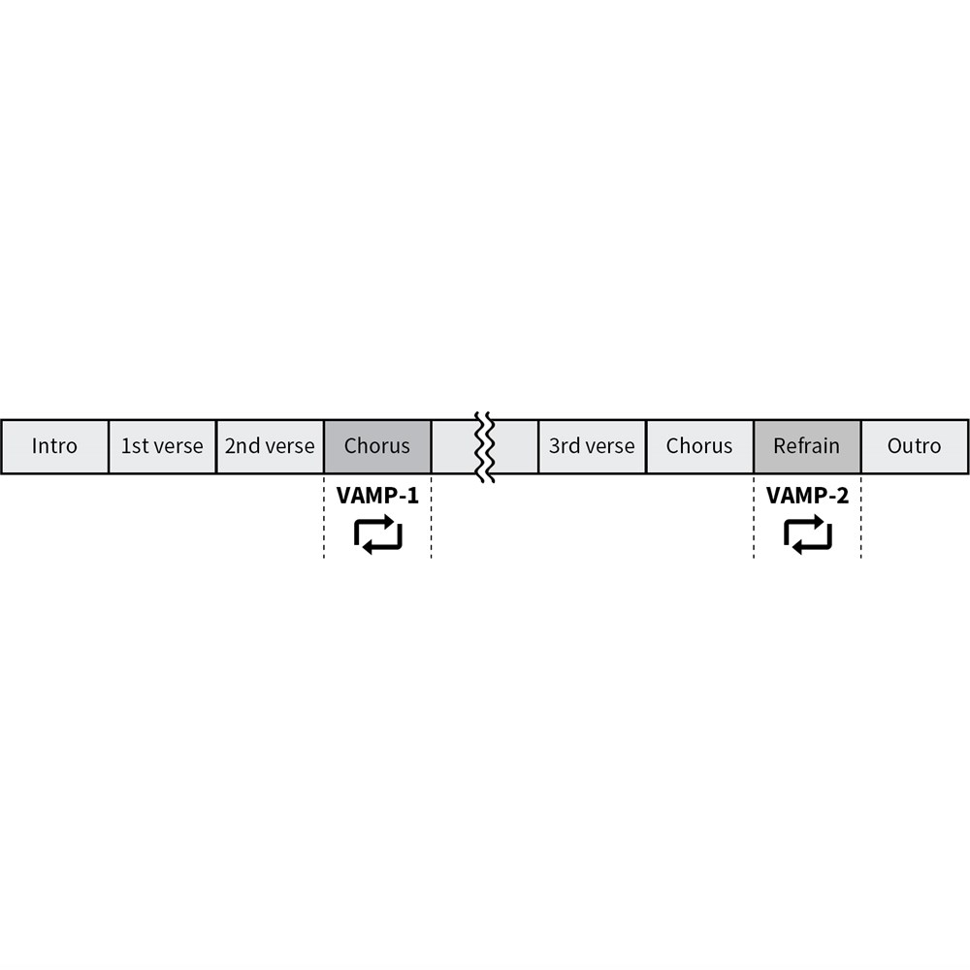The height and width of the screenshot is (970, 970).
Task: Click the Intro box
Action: click(54, 446)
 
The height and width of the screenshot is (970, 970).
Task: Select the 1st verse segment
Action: click(162, 446)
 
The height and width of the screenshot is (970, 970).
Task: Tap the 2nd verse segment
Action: click(270, 446)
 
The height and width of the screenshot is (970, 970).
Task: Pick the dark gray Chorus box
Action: click(377, 446)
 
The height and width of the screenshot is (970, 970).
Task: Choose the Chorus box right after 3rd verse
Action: click(699, 446)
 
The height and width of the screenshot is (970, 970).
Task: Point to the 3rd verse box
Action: click(592, 446)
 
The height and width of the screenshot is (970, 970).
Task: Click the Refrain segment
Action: click(807, 446)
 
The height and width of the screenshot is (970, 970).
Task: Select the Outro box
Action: click(915, 446)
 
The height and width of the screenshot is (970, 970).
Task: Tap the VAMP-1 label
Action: click(377, 496)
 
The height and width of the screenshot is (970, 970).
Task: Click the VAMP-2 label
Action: click(807, 496)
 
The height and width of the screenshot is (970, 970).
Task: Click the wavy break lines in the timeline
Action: click(485, 446)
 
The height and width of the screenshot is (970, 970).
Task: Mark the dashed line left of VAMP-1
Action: click(324, 517)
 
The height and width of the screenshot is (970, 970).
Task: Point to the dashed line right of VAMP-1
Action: click(432, 517)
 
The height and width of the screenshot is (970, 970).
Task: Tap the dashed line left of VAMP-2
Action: click(754, 517)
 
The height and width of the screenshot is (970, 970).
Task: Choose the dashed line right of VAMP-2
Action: click(861, 517)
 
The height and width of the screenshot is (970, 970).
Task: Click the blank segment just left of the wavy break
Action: click(454, 446)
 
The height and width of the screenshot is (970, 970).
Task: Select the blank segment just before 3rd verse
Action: click(516, 446)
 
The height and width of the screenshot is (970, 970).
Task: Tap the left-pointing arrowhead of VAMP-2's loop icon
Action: click(798, 546)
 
